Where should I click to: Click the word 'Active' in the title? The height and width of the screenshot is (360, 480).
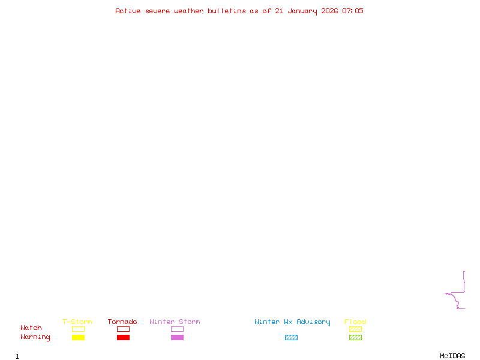pyautogui.click(x=128, y=11)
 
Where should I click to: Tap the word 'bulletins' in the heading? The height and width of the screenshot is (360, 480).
pyautogui.click(x=227, y=11)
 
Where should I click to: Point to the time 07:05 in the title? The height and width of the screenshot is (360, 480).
pyautogui.click(x=353, y=11)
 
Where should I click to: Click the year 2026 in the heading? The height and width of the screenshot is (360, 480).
pyautogui.click(x=329, y=11)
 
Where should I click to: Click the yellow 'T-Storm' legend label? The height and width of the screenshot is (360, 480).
pyautogui.click(x=77, y=322)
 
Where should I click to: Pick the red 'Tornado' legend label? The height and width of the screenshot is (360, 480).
pyautogui.click(x=122, y=322)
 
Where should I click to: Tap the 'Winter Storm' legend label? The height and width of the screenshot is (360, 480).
pyautogui.click(x=175, y=322)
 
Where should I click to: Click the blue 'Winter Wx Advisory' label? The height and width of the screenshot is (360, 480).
pyautogui.click(x=292, y=322)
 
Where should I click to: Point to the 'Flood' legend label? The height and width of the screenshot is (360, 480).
pyautogui.click(x=355, y=322)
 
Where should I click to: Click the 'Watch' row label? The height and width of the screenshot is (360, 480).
pyautogui.click(x=31, y=328)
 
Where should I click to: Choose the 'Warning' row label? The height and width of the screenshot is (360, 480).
pyautogui.click(x=35, y=337)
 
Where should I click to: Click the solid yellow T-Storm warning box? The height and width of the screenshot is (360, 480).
pyautogui.click(x=78, y=338)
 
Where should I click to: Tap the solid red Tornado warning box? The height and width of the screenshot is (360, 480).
pyautogui.click(x=123, y=338)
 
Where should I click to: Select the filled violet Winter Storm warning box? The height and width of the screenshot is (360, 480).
pyautogui.click(x=177, y=338)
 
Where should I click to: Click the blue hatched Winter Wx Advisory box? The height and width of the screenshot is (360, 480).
pyautogui.click(x=291, y=338)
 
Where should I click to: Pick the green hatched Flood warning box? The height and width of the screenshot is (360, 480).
pyautogui.click(x=355, y=338)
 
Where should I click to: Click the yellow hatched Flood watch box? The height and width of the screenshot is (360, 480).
pyautogui.click(x=355, y=329)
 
